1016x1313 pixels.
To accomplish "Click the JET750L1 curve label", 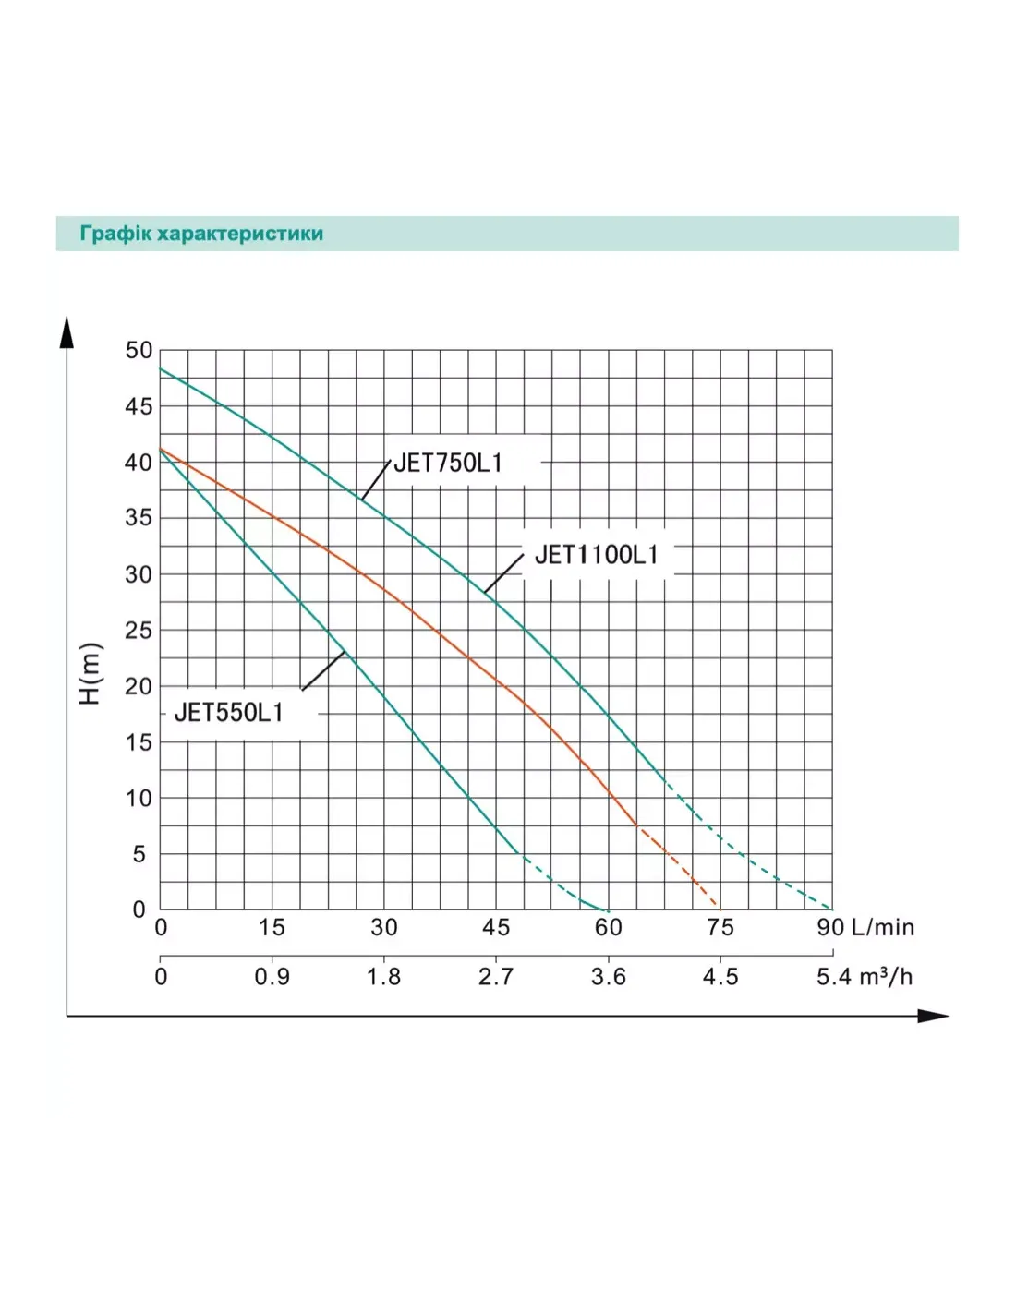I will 448,463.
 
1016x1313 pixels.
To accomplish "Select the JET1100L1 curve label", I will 597,554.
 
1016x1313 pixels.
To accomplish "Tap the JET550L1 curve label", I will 228,713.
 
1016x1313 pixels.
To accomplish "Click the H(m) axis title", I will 90,673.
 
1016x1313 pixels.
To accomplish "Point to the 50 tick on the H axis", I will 139,351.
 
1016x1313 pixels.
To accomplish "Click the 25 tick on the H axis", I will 139,631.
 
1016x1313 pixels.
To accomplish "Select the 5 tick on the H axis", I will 139,854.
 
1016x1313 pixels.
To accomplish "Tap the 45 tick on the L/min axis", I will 496,928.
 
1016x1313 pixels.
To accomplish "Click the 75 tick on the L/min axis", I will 720,928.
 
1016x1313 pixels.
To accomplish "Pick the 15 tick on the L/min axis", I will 272,928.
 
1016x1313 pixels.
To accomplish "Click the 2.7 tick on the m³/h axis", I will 496,977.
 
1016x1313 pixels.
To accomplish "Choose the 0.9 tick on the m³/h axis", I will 272,977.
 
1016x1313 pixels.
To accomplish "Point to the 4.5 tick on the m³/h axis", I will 720,977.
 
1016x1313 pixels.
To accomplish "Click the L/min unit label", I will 882,928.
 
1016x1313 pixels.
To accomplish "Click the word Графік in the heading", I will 115,234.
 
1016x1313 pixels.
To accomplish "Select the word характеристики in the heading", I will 240,234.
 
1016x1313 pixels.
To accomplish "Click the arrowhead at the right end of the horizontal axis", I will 935,1017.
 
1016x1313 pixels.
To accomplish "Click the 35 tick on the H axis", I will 139,518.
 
